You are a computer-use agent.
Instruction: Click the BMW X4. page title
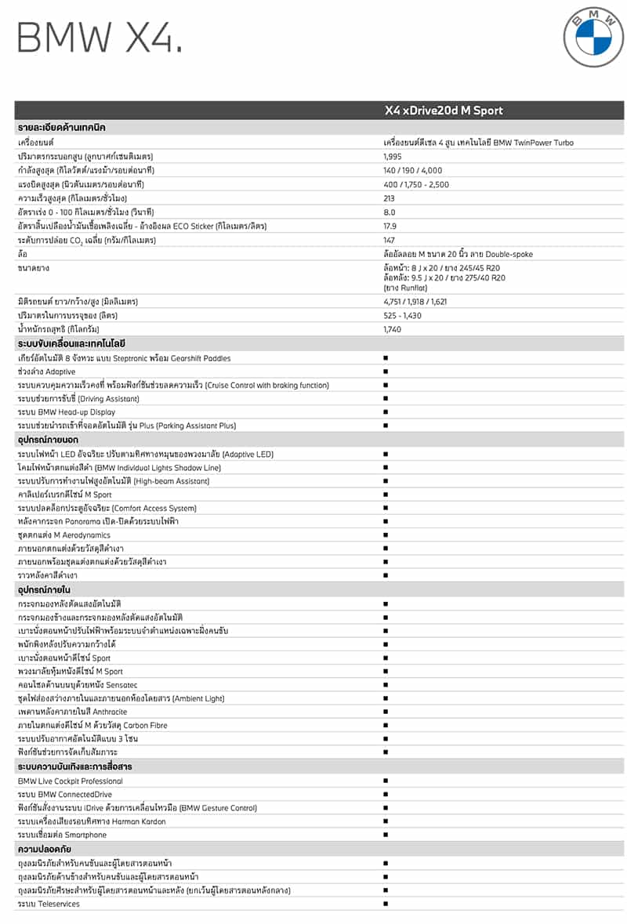pos(100,38)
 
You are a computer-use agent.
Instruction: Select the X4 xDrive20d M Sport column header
pos(443,111)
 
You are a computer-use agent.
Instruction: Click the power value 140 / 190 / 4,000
pos(412,170)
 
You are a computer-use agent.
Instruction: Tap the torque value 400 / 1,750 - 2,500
pos(417,184)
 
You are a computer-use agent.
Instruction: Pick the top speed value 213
pos(390,198)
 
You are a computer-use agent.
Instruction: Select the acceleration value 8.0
pos(390,212)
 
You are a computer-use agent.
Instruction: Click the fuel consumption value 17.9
pos(390,226)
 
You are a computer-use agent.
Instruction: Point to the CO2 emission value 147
pos(390,240)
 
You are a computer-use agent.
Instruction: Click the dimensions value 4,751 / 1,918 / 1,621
pos(417,301)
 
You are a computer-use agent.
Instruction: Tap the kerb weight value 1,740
pos(393,328)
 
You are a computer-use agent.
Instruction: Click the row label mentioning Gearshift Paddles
pos(124,358)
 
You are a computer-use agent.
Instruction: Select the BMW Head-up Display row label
pos(67,412)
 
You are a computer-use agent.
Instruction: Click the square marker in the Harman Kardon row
pos(386,821)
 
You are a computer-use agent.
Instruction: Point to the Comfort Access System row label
pos(107,508)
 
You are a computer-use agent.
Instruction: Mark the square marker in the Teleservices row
pos(386,904)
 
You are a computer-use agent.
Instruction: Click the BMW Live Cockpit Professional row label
pos(71,781)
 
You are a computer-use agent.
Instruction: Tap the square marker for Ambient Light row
pos(386,698)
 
